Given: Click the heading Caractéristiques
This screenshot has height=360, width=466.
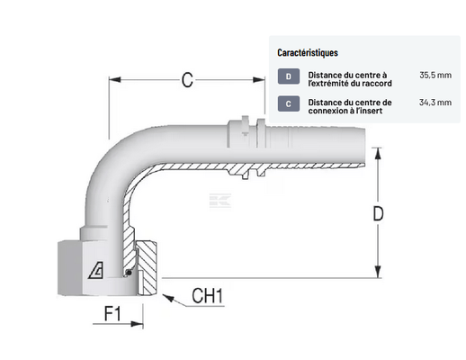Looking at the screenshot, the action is click(x=308, y=53).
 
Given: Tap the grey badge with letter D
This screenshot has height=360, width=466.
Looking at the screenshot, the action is click(x=289, y=76).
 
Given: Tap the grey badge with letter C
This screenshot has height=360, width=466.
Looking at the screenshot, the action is click(x=289, y=103).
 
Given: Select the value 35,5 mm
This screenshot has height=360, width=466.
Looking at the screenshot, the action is click(x=435, y=75).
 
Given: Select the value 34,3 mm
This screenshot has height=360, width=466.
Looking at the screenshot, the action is click(x=435, y=103).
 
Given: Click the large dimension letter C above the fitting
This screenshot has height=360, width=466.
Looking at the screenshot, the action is click(x=187, y=80).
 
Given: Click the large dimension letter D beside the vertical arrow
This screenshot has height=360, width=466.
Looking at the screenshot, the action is click(x=378, y=214).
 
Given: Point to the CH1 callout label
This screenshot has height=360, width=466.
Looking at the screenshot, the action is click(x=208, y=296).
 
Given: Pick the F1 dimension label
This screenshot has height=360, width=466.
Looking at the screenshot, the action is click(x=112, y=313).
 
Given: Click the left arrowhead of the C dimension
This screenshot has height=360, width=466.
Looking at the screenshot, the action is click(x=114, y=80).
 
